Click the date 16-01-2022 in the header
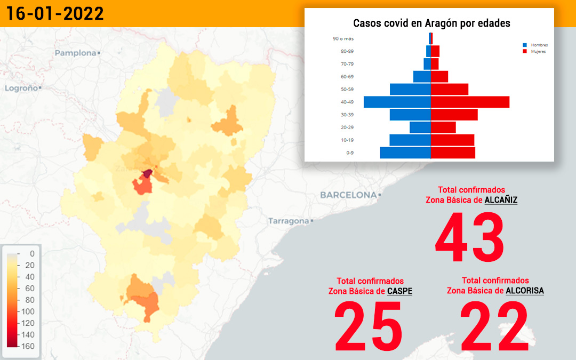click(x=55, y=13)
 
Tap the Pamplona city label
click(x=76, y=53)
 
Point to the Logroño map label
click(x=21, y=88)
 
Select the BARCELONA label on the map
click(x=349, y=195)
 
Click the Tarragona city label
click(x=289, y=221)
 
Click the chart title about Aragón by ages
click(x=431, y=23)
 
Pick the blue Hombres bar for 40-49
click(x=397, y=102)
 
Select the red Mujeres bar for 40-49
click(x=470, y=102)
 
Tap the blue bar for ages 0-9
click(x=405, y=153)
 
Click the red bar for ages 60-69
click(x=439, y=77)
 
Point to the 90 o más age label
click(x=343, y=38)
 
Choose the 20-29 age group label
click(x=347, y=127)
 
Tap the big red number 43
click(x=469, y=237)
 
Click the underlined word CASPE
click(x=399, y=291)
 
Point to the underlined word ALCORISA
click(x=525, y=291)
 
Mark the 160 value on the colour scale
click(x=28, y=346)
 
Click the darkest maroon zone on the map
click(x=147, y=173)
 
